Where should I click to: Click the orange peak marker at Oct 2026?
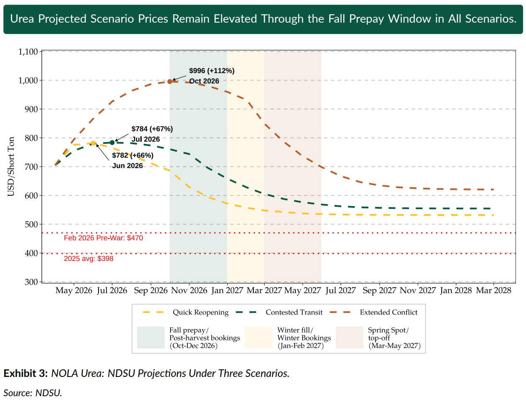point(170,81)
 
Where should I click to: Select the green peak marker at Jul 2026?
point(112,143)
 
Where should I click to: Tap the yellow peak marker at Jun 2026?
point(93,143)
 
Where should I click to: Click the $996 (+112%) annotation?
point(212,71)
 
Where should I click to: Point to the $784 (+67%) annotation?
point(152,129)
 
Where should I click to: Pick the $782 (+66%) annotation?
point(133,156)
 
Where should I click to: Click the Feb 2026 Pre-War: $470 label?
point(103,238)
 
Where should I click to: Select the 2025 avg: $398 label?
point(88,259)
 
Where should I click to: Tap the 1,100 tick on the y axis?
point(28,52)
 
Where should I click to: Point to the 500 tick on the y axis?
point(31,224)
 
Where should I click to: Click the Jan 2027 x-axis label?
point(227,291)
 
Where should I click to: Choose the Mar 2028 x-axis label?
point(494,291)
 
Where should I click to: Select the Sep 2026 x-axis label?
point(150,291)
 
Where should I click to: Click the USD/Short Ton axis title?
point(11,166)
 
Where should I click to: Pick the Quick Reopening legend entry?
point(200,312)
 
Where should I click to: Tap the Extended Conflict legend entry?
point(389,312)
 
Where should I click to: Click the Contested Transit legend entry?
point(294,312)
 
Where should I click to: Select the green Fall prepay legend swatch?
point(150,338)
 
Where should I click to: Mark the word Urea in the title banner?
point(22,19)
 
